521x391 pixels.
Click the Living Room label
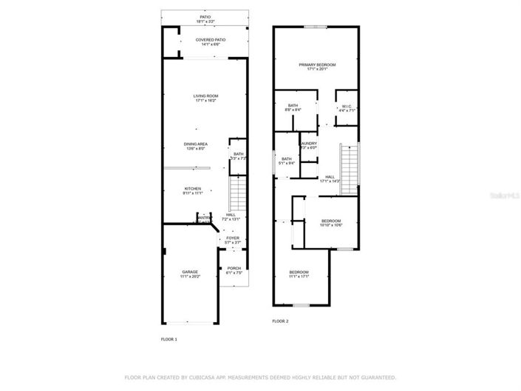pyautogui.click(x=206, y=98)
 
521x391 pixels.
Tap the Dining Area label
pyautogui.click(x=196, y=146)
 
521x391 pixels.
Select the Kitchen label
pyautogui.click(x=193, y=191)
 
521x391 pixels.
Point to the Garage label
pyautogui.click(x=190, y=274)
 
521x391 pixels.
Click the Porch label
pyautogui.click(x=234, y=270)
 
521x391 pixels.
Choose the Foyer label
pyautogui.click(x=233, y=240)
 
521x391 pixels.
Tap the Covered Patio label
pyautogui.click(x=211, y=42)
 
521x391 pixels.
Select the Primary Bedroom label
pyautogui.click(x=317, y=67)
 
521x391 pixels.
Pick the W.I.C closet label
pyautogui.click(x=348, y=108)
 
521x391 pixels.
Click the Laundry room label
pyautogui.click(x=308, y=145)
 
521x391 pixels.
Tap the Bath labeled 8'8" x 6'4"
pyautogui.click(x=293, y=108)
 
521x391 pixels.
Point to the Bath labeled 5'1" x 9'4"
pyautogui.click(x=286, y=161)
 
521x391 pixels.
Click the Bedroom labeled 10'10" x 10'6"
pyautogui.click(x=331, y=223)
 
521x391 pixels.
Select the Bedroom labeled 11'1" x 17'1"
pyautogui.click(x=299, y=275)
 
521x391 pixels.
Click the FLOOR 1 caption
pyautogui.click(x=169, y=339)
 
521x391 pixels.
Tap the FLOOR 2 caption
pyautogui.click(x=280, y=321)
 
